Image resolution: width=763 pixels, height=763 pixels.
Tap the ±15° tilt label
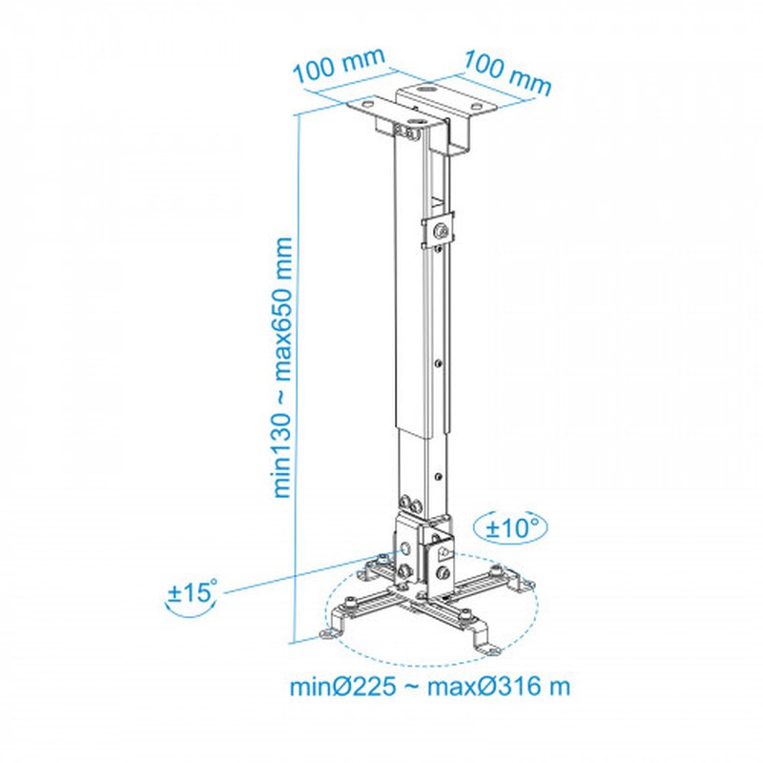pyautogui.click(x=193, y=593)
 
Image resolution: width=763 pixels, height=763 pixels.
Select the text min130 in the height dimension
pyautogui.click(x=283, y=457)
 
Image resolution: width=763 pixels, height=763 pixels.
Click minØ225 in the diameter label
pyautogui.click(x=341, y=687)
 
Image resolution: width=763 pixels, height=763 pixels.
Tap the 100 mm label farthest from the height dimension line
pyautogui.click(x=507, y=72)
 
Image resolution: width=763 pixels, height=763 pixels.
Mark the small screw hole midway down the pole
pyautogui.click(x=437, y=362)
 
